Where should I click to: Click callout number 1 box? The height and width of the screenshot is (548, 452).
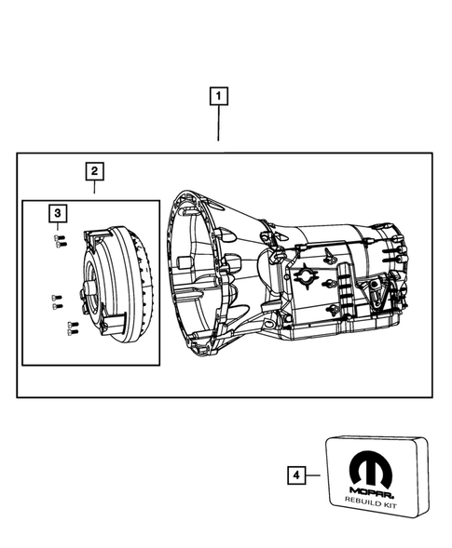[x=219, y=95]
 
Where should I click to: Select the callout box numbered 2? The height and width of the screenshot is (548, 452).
[x=94, y=171]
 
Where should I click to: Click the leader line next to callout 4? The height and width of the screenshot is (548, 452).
[x=312, y=475]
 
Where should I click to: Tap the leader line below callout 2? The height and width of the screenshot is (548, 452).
[x=94, y=188]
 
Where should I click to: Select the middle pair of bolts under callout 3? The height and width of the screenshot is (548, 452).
[x=55, y=300]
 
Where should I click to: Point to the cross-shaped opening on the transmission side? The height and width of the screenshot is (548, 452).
[x=306, y=276]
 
